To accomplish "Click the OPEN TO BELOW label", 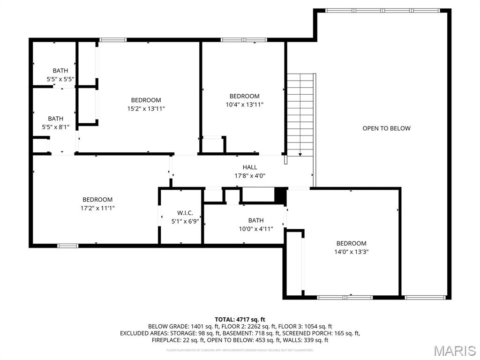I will pos(386,128).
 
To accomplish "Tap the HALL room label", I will pos(250,167).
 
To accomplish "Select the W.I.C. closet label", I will pos(185,213).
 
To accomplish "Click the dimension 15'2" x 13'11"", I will pos(146,108).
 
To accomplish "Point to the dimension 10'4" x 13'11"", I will pos(244,105).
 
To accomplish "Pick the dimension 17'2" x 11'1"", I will pos(97,208).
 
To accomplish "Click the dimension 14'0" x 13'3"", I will pos(351,252).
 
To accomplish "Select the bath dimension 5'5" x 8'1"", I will pos(55,127).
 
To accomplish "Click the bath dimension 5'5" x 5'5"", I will pos(60,79).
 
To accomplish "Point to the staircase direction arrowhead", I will pos(300,154).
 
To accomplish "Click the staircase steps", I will pos(300,112).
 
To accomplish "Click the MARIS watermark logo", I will pos(454,351).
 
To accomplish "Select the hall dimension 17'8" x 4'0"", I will pos(250,176).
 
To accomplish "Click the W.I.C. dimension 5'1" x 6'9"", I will pos(185,221).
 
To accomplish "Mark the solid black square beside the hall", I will pos(280,195).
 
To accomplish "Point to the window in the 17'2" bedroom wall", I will pos(67,245).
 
